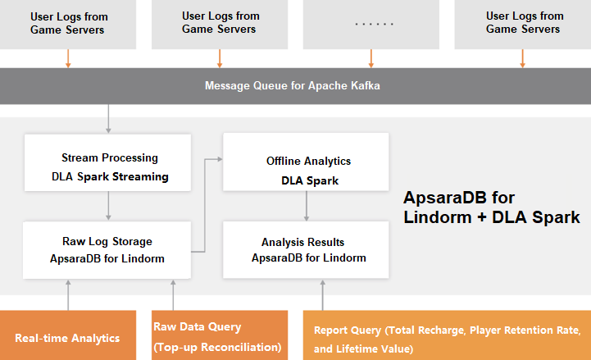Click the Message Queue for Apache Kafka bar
[295, 85]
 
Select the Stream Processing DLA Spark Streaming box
[109, 167]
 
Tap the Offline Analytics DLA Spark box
[307, 170]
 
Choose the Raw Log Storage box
[109, 250]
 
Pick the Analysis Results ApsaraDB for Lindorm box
[307, 250]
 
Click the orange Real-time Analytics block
[67, 336]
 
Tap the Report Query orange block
[447, 336]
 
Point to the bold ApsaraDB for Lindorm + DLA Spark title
[492, 207]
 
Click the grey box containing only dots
[372, 23]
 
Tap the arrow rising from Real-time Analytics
[68, 294]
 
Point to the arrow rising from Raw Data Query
[173, 294]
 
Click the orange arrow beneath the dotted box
[372, 57]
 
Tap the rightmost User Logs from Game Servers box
[524, 23]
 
